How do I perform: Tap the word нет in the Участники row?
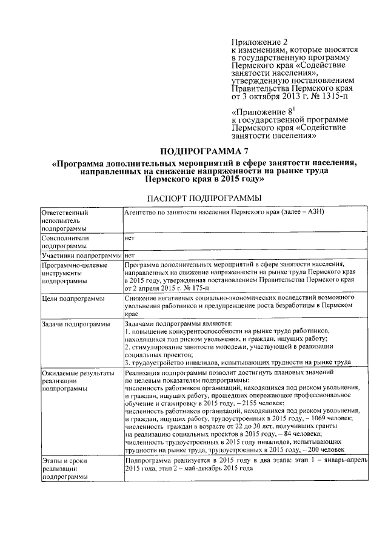129,256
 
